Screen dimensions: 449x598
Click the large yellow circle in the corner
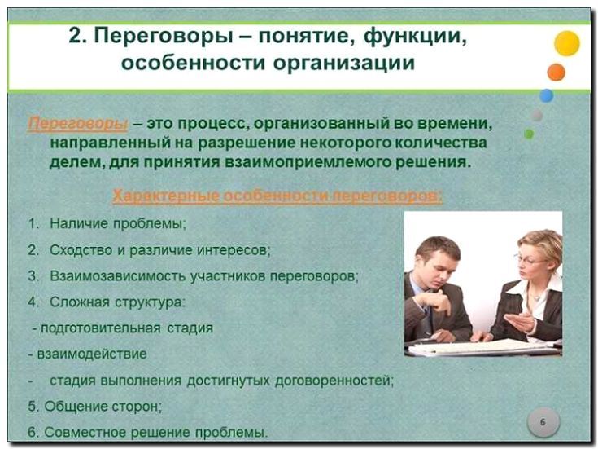[x=566, y=43]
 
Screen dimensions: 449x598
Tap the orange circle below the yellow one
[x=557, y=73]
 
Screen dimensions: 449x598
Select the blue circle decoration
[x=546, y=95]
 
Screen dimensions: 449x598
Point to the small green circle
[x=529, y=134]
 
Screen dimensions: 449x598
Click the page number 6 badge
[x=543, y=422]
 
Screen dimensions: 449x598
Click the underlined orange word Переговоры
[x=78, y=123]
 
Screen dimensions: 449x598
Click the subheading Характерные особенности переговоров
[x=277, y=196]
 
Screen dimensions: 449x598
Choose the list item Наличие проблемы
[x=117, y=222]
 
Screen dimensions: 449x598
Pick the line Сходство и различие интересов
[x=159, y=249]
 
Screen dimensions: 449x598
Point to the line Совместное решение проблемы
[x=155, y=431]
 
